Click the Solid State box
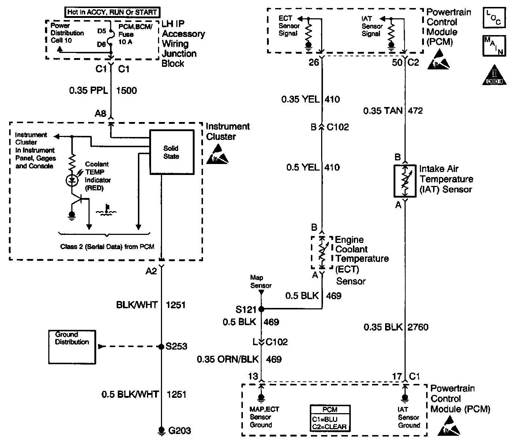pos(172,152)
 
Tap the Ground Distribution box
pos(72,347)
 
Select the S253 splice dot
pos(161,346)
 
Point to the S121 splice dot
pos(261,309)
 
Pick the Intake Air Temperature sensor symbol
pos(405,181)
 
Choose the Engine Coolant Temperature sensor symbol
pos(322,252)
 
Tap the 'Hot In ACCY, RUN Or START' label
pos(112,12)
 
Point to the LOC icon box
pos(494,18)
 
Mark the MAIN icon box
pos(494,46)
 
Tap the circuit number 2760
pos(417,327)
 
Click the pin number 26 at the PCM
pos(314,62)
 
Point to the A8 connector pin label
pos(100,114)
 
